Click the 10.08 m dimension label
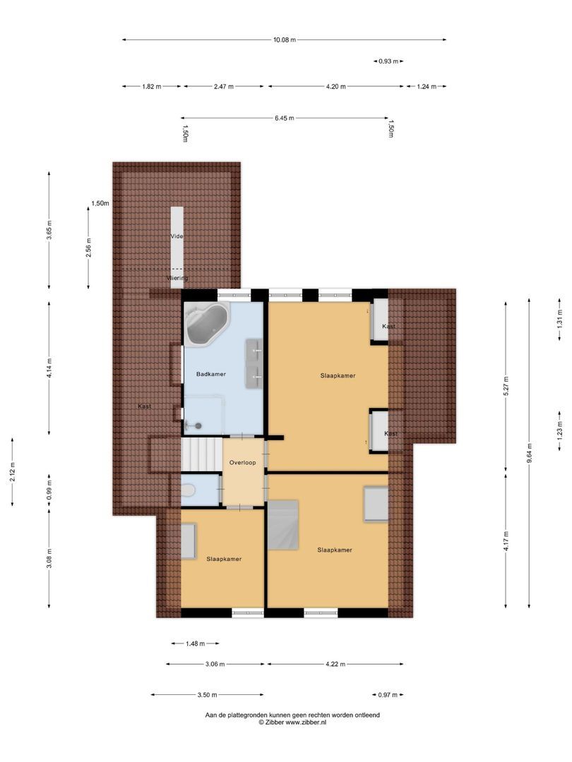(284, 40)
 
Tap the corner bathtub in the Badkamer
(205, 325)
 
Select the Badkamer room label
(211, 374)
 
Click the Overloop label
(243, 463)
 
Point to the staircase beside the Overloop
(202, 454)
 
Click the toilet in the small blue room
(188, 490)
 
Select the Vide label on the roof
(177, 236)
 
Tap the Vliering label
(177, 278)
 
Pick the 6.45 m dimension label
(285, 119)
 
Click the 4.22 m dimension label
(335, 664)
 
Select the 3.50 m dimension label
(207, 695)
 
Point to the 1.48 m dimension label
(194, 643)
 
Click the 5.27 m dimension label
(506, 384)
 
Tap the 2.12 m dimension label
(13, 471)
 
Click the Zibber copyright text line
(292, 722)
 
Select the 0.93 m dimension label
(388, 61)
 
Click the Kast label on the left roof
(144, 406)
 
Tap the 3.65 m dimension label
(49, 230)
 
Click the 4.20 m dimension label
(336, 87)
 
